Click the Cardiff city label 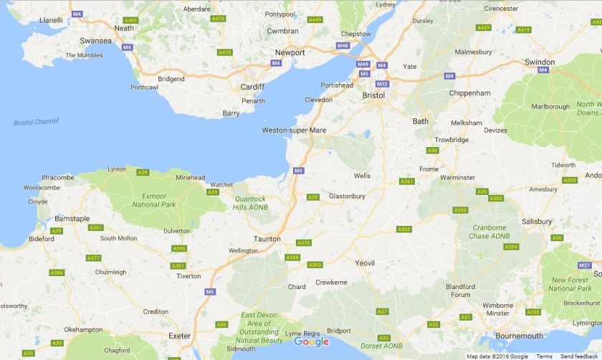tap(252, 87)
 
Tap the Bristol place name tap(374, 95)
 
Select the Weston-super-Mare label tap(295, 130)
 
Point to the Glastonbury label tap(347, 196)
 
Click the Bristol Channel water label tap(36, 122)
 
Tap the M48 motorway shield tap(343, 46)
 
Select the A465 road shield tap(130, 20)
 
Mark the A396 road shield tap(179, 248)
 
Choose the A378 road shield tap(304, 243)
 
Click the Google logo tap(311, 342)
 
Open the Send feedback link tap(580, 356)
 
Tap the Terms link tap(544, 356)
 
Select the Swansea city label tap(96, 41)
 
